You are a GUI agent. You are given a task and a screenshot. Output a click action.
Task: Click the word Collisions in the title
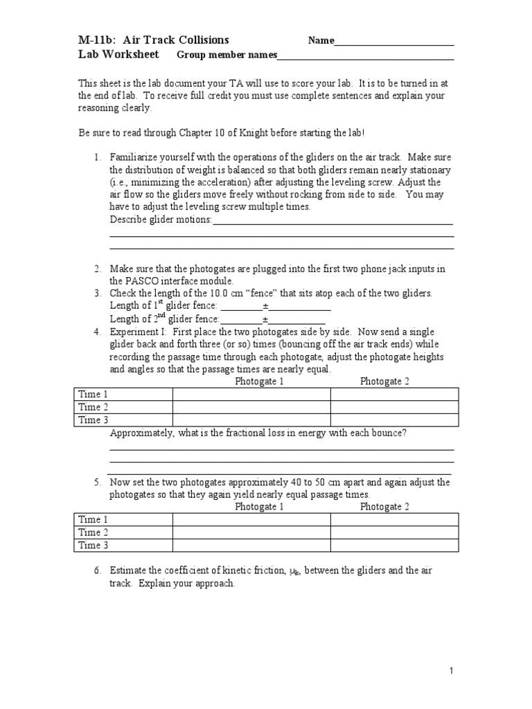click(199, 40)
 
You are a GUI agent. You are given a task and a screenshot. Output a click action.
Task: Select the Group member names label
click(227, 55)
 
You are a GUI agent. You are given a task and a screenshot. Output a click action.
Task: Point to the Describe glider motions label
click(161, 219)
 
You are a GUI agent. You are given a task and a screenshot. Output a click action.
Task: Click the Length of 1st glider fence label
click(163, 306)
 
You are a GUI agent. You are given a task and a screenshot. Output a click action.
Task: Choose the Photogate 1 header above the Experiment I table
click(259, 382)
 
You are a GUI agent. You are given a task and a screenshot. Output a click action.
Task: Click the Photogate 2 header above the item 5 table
click(384, 507)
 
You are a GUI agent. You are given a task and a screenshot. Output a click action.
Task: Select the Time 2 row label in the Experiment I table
click(94, 407)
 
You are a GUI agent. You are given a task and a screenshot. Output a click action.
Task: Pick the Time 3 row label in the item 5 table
click(94, 546)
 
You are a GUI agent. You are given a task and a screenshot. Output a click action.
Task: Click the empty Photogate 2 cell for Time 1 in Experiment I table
click(394, 395)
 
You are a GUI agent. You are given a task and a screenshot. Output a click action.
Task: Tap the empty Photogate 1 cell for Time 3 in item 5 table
click(251, 546)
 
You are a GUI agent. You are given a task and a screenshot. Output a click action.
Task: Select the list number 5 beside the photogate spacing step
click(98, 483)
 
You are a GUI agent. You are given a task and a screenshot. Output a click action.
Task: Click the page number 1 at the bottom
click(451, 671)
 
